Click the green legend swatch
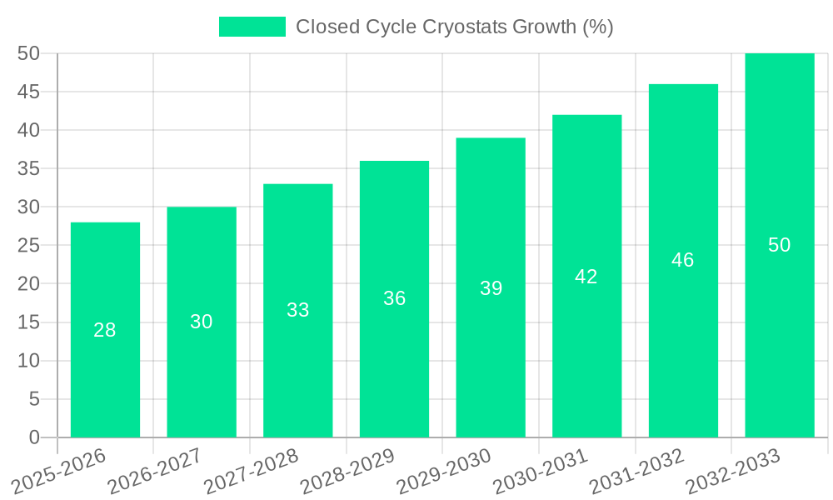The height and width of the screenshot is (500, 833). (x=252, y=27)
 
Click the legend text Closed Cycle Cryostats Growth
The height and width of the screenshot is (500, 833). (x=454, y=27)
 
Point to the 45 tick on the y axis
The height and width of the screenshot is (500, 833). (x=28, y=92)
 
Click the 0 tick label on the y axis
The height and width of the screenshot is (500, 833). (x=34, y=437)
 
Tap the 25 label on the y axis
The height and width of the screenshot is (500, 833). (x=28, y=245)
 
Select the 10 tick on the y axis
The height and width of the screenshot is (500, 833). (x=28, y=361)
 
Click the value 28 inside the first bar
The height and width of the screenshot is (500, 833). (x=105, y=330)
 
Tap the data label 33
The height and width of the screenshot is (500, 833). (x=297, y=310)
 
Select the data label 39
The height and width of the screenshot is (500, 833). (x=491, y=288)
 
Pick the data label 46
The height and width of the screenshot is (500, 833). (x=683, y=260)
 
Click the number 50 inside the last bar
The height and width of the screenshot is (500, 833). (x=779, y=245)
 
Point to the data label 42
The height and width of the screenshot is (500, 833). (x=586, y=277)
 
